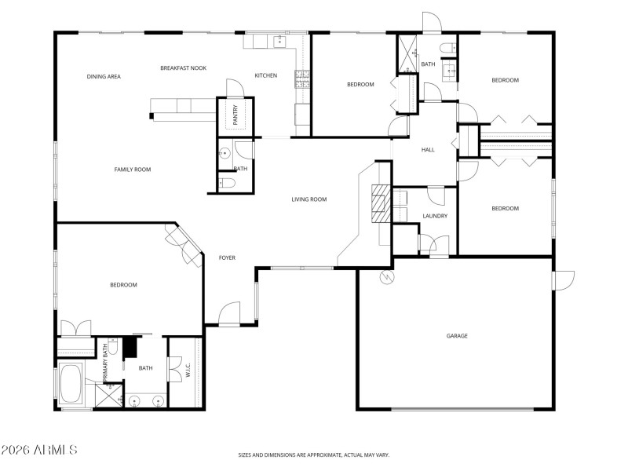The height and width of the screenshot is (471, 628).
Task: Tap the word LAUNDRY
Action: (x=434, y=216)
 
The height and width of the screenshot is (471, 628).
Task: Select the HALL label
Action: (x=428, y=149)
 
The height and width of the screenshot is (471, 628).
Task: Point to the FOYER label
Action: (x=227, y=257)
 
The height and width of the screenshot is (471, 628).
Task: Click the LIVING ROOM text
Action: (x=309, y=199)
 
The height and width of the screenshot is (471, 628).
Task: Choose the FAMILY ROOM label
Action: (x=132, y=169)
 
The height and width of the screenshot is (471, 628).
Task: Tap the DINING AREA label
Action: (x=104, y=76)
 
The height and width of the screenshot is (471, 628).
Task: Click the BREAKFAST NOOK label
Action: (x=183, y=68)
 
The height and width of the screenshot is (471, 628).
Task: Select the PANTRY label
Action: (x=235, y=115)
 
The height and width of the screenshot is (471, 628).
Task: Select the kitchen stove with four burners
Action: (x=301, y=78)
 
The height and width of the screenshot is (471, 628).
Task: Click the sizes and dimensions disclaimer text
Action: (x=314, y=455)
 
